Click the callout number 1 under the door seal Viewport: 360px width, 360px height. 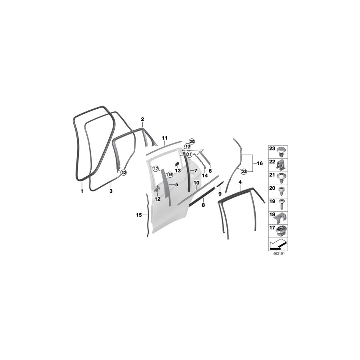[81, 192]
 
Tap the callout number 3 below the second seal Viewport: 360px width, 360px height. [111, 192]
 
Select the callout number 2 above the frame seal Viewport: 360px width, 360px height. [142, 119]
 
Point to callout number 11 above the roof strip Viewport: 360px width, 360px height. [164, 138]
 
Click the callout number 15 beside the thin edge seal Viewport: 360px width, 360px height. [138, 215]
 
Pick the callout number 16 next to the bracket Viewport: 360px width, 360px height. [260, 163]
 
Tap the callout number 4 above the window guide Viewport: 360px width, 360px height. [240, 182]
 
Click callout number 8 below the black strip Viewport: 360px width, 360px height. [203, 205]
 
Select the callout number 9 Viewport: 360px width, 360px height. [220, 194]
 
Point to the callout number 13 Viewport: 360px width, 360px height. [178, 170]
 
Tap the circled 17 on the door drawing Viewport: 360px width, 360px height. [156, 168]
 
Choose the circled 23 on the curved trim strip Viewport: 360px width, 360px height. [244, 171]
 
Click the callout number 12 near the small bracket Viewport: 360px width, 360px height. [157, 199]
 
